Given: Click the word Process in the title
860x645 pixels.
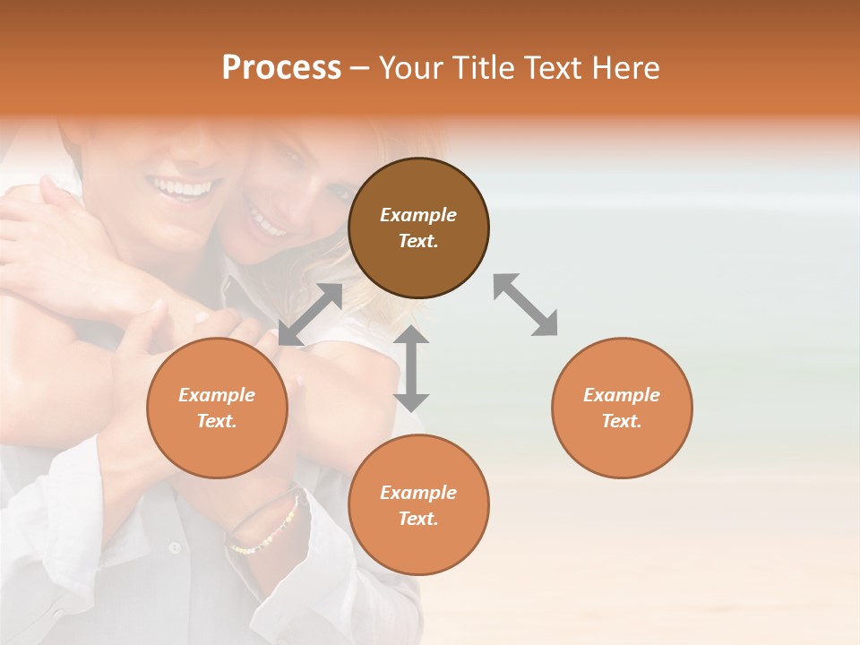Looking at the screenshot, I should pyautogui.click(x=281, y=68).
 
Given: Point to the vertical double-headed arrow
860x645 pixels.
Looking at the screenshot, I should pyautogui.click(x=411, y=368).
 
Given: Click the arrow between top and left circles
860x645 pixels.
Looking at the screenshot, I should pyautogui.click(x=311, y=314).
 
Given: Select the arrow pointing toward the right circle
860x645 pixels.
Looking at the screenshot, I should pyautogui.click(x=525, y=305).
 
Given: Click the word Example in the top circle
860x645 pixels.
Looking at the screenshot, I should pyautogui.click(x=418, y=215).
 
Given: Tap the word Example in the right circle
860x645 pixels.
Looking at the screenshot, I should pyautogui.click(x=622, y=395).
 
